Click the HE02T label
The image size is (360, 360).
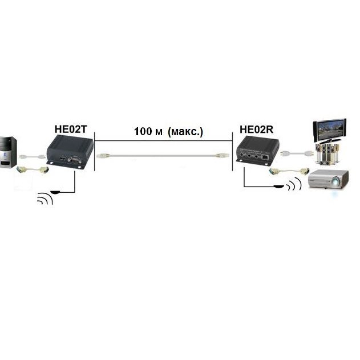pos(71,130)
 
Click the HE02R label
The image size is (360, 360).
pos(257,130)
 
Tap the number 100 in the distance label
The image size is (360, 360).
pos(143,131)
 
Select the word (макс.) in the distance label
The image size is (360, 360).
pos(185,132)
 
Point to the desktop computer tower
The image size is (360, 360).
pos(8,152)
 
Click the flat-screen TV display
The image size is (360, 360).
pos(330,131)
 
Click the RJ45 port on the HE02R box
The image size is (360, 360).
pos(265,157)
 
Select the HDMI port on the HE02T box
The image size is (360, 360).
pos(63,159)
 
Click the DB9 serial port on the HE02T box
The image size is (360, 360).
pos(75,160)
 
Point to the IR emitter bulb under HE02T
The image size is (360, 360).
pos(55,192)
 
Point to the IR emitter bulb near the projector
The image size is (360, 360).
pos(280,186)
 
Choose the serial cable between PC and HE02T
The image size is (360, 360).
pos(33,170)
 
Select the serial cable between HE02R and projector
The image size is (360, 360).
pos(289,171)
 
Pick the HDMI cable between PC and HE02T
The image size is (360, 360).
pos(32,157)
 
